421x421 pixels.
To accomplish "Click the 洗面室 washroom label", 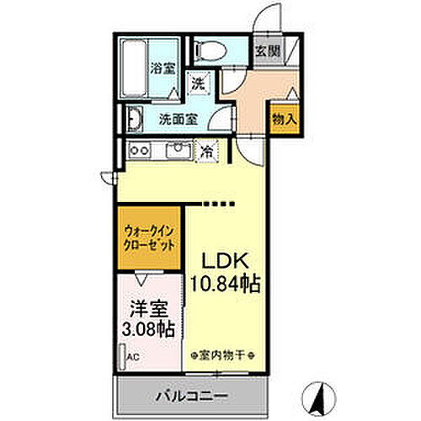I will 179,118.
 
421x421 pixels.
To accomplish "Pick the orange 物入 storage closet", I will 284,118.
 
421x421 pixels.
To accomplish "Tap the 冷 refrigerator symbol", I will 207,152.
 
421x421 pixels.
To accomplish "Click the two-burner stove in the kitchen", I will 139,152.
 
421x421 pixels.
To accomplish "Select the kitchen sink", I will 179,152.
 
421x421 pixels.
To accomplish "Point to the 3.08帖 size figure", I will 150,328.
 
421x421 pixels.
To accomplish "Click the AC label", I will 133,356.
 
